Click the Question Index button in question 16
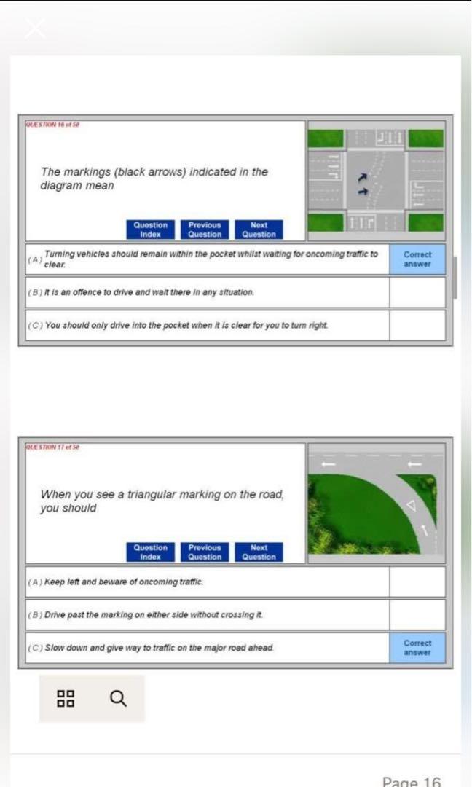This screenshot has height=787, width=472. (x=150, y=230)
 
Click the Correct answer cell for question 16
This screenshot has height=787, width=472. (x=417, y=259)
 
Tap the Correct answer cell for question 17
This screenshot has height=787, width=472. (x=417, y=648)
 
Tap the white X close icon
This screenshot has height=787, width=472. (x=35, y=28)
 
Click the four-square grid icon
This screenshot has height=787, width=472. (x=65, y=699)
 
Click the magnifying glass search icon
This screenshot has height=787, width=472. (x=118, y=699)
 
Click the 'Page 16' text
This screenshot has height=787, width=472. (x=412, y=781)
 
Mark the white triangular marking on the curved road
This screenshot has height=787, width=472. (x=409, y=504)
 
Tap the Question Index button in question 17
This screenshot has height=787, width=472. (x=150, y=552)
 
